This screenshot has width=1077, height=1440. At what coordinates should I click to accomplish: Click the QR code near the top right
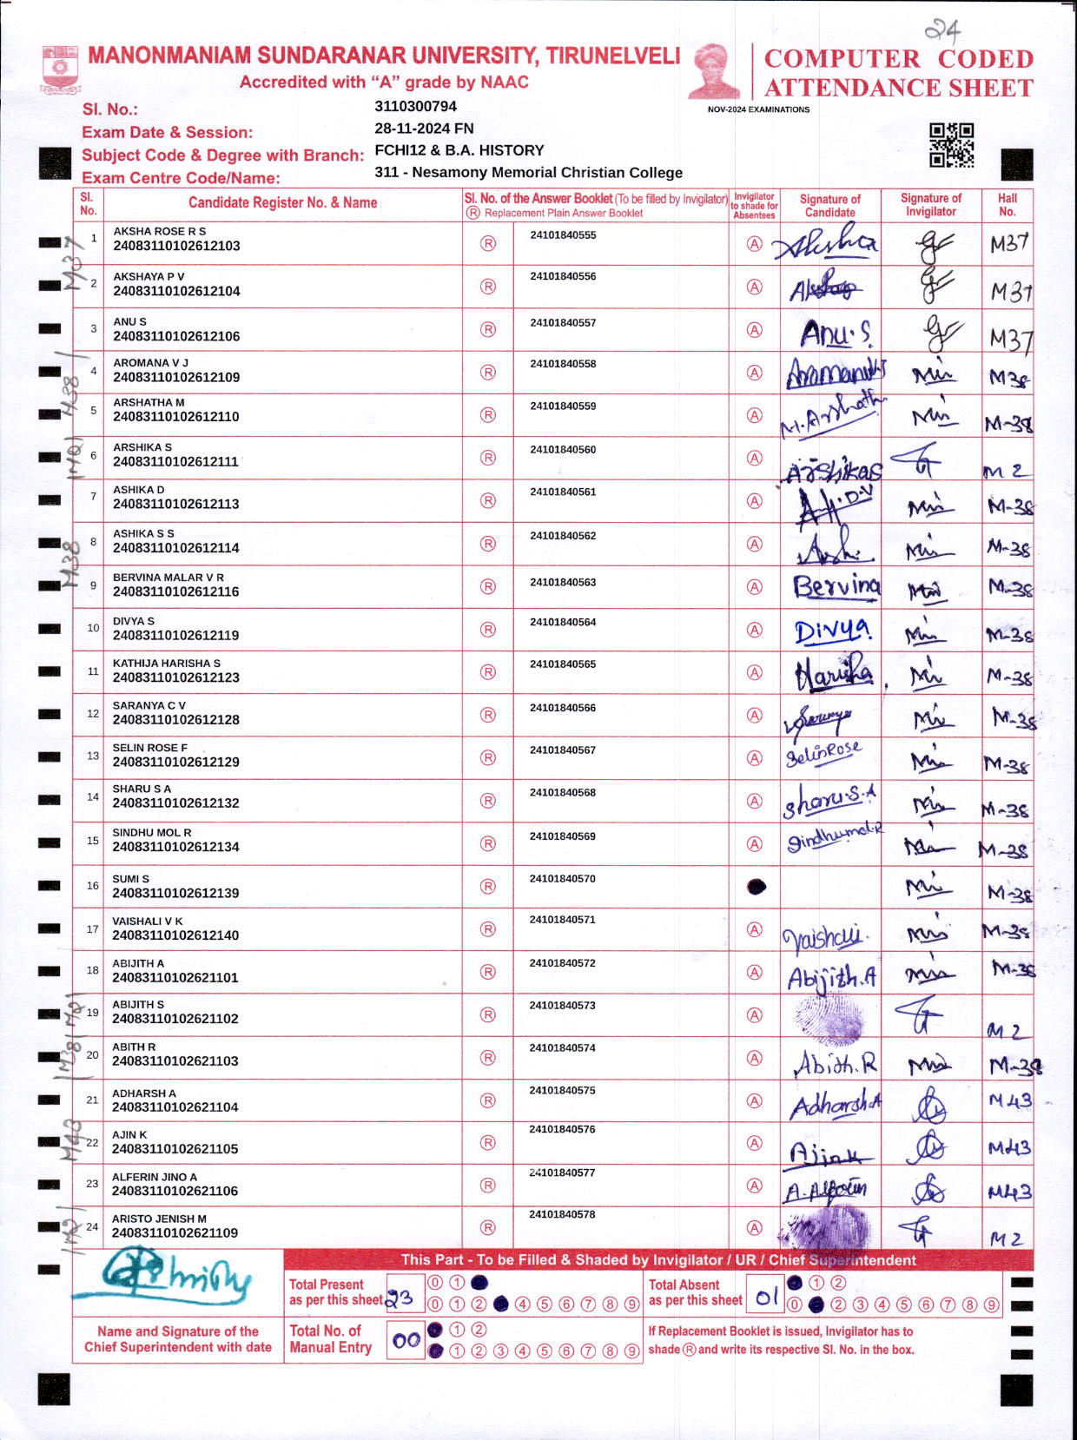coord(951,145)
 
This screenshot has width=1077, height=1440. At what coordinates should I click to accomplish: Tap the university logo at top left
coord(60,69)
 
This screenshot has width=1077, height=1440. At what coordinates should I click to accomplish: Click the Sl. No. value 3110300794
coord(415,107)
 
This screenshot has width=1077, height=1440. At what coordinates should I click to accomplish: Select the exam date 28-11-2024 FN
coord(424,129)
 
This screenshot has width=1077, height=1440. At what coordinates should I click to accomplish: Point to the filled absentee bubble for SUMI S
coord(757,887)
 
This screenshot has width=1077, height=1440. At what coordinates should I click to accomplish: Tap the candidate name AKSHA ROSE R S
coord(160,232)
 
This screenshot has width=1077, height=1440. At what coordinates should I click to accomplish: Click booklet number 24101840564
coord(563,623)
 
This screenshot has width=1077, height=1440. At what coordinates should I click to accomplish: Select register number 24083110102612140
coord(175,935)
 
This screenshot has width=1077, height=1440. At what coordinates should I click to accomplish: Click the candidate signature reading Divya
coord(832,631)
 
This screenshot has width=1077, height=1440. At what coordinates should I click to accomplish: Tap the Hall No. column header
coord(1007,205)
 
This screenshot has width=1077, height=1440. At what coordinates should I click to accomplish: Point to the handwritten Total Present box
coord(402,1297)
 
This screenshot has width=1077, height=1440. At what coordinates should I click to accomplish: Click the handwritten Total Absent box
coord(766,1297)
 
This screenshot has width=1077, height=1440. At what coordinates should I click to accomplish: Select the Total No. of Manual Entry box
coord(406,1341)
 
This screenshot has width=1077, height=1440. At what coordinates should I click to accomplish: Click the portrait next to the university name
coord(714,71)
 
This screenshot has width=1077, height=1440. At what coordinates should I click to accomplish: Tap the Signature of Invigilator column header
coord(930,205)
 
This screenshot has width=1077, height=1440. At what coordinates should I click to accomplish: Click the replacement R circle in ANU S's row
coord(488,330)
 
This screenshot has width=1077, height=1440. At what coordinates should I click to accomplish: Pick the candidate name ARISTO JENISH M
coord(159,1219)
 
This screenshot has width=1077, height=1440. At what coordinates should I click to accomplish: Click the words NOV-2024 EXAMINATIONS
coord(758,109)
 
